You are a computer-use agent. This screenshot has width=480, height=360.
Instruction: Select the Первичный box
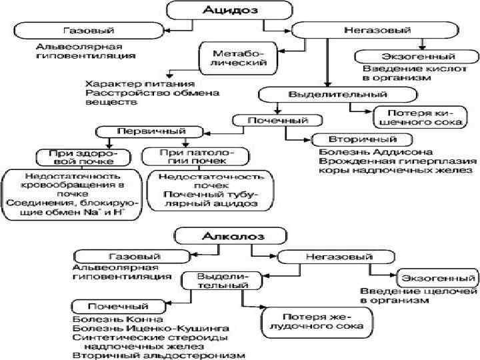[x=141, y=131]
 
